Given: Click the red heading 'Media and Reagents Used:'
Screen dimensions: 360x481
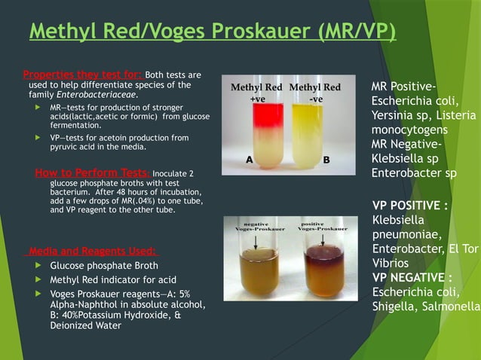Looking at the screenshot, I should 90,251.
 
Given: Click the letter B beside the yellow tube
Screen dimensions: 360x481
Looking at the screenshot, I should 326,160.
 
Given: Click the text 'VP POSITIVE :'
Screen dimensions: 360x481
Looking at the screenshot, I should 411,206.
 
